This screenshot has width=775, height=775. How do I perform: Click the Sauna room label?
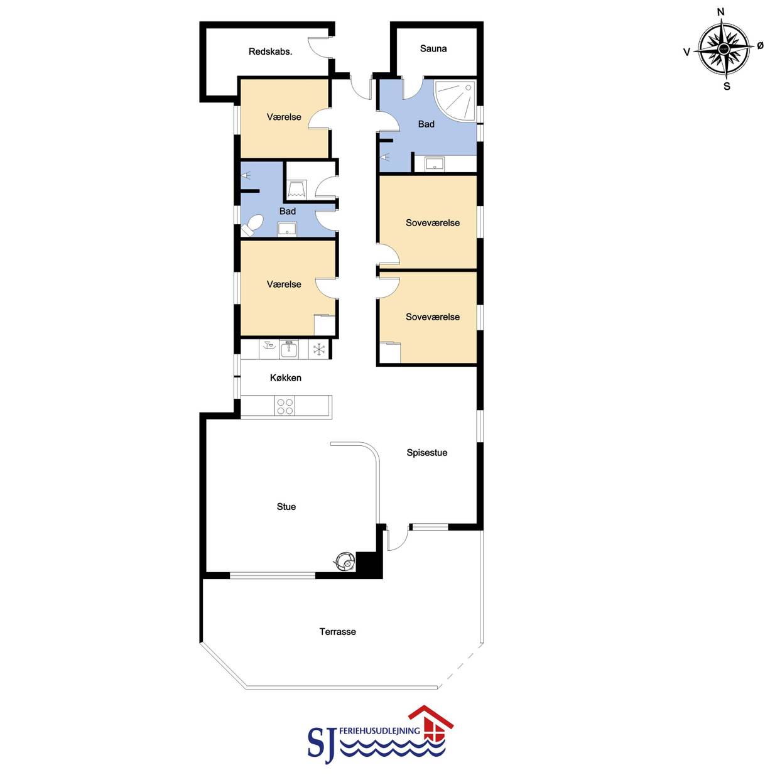click(433, 48)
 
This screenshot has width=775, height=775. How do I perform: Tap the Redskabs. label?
click(270, 52)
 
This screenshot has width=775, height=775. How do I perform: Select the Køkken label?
click(286, 377)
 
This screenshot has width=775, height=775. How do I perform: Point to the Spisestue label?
click(426, 452)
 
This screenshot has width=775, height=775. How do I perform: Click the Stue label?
click(286, 507)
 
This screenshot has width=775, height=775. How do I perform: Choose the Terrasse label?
click(337, 631)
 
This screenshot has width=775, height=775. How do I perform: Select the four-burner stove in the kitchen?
click(285, 406)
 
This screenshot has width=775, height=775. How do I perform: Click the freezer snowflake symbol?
click(319, 349)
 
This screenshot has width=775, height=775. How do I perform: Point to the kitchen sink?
click(289, 349)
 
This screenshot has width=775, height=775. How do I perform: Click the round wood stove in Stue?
click(345, 561)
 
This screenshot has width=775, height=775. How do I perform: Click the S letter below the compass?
click(727, 87)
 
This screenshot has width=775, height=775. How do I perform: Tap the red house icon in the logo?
click(431, 727)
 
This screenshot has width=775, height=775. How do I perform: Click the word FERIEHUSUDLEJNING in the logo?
click(380, 730)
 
